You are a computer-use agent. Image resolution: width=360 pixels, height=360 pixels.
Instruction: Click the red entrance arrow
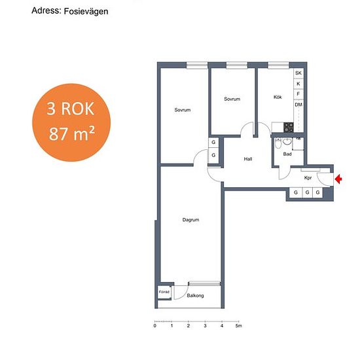tap(338, 179)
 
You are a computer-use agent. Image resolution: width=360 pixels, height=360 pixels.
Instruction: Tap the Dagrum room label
tap(190, 220)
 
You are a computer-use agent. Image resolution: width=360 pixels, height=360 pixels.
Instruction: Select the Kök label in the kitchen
tap(278, 97)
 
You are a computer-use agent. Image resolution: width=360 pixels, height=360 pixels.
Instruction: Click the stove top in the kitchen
tap(289, 127)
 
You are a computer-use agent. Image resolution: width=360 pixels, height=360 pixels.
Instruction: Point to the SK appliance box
tap(298, 73)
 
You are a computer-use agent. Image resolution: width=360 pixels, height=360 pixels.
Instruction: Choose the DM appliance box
tap(298, 105)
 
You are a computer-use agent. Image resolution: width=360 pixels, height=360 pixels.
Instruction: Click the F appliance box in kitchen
tap(298, 94)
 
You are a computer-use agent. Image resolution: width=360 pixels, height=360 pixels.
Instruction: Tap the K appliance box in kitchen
tap(298, 84)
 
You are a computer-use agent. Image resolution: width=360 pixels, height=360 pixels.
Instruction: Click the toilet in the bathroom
tap(278, 144)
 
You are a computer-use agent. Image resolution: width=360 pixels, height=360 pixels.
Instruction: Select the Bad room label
tap(287, 154)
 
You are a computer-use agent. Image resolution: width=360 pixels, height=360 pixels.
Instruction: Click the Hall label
tap(248, 159)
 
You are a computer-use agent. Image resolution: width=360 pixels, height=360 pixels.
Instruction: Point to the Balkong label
tap(195, 295)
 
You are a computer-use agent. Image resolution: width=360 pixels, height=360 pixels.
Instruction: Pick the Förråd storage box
tap(164, 293)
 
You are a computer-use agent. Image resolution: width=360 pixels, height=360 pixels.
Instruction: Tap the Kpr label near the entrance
tap(308, 177)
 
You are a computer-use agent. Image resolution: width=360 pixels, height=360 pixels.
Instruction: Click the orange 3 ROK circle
tap(71, 122)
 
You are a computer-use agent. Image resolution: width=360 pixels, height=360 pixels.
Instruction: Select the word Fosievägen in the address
tap(86, 12)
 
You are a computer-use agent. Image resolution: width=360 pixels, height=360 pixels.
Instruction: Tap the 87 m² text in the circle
tap(72, 134)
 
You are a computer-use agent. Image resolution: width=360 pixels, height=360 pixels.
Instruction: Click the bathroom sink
tap(287, 141)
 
